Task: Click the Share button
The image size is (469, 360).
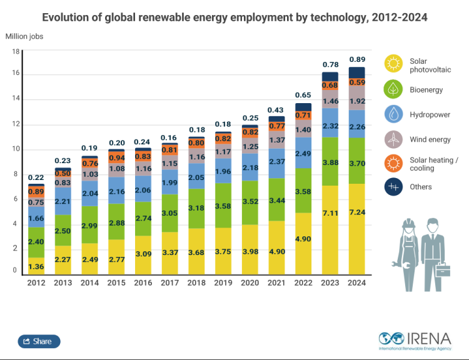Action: (39, 341)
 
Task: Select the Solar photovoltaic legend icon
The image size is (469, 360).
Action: (393, 63)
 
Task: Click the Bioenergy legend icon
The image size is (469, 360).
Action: (393, 89)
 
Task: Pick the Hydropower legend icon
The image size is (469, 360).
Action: (393, 114)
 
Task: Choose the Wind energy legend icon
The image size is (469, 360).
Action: (393, 139)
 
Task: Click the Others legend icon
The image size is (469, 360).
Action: (393, 186)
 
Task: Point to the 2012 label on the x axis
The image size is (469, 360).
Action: (36, 282)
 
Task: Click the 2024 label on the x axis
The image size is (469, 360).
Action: (356, 282)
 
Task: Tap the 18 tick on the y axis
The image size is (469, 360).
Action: (16, 51)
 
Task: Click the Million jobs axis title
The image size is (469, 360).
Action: (24, 36)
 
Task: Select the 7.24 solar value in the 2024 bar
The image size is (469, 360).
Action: (356, 212)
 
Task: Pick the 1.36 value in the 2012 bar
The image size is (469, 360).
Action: (36, 267)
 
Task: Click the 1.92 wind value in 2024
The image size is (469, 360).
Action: (356, 100)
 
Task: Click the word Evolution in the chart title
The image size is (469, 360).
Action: (68, 17)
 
